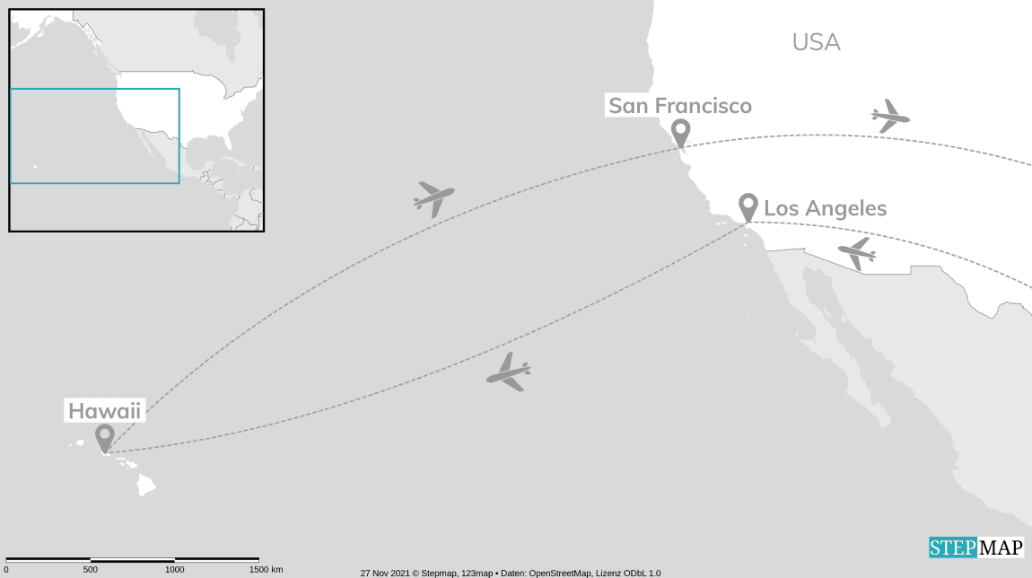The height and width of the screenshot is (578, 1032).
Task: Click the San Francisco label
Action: coord(680,106)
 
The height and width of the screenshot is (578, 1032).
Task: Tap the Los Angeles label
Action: coord(825,208)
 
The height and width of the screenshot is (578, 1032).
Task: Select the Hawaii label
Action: coord(106,412)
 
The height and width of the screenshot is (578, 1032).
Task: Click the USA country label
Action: coord(816,42)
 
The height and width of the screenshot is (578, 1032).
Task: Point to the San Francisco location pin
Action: coord(681,132)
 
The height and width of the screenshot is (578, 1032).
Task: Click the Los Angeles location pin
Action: coord(748,206)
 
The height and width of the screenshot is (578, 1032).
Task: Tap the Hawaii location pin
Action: coord(105,437)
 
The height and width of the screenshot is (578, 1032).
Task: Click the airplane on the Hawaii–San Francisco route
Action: coord(433,197)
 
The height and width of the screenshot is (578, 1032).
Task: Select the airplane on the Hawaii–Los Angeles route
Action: coord(509,372)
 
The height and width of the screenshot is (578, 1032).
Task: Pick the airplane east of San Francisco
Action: coord(890,116)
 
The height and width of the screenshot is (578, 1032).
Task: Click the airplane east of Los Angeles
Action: coord(857,253)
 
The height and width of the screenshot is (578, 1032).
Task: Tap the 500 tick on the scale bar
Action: coord(90,560)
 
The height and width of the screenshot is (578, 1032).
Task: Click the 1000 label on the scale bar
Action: coord(174,570)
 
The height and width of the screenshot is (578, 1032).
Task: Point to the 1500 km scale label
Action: coord(265,570)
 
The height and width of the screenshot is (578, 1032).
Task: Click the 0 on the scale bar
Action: coord(5,570)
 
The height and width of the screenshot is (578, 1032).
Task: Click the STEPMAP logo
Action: coord(975,547)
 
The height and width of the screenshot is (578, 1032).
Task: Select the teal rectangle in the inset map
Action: coord(94,136)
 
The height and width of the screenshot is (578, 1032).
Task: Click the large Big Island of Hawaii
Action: coord(146,486)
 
